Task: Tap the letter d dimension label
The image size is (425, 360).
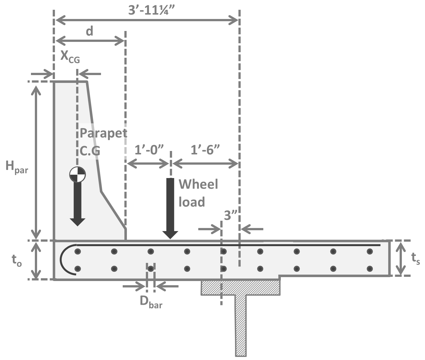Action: coord(89,31)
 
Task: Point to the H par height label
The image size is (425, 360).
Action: coord(17,167)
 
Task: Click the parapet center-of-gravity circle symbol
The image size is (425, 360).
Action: coord(77,175)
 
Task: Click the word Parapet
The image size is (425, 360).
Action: coord(103,133)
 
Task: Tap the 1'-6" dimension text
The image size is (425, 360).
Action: coord(205,150)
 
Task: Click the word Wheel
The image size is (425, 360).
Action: coord(198,184)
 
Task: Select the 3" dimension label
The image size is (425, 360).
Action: coord(230,215)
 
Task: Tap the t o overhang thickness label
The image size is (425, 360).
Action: coord(17,261)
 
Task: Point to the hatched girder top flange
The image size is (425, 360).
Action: coord(240,288)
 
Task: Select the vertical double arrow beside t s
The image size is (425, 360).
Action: coord(401,258)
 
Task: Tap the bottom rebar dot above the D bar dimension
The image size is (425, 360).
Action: coord(151,269)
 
